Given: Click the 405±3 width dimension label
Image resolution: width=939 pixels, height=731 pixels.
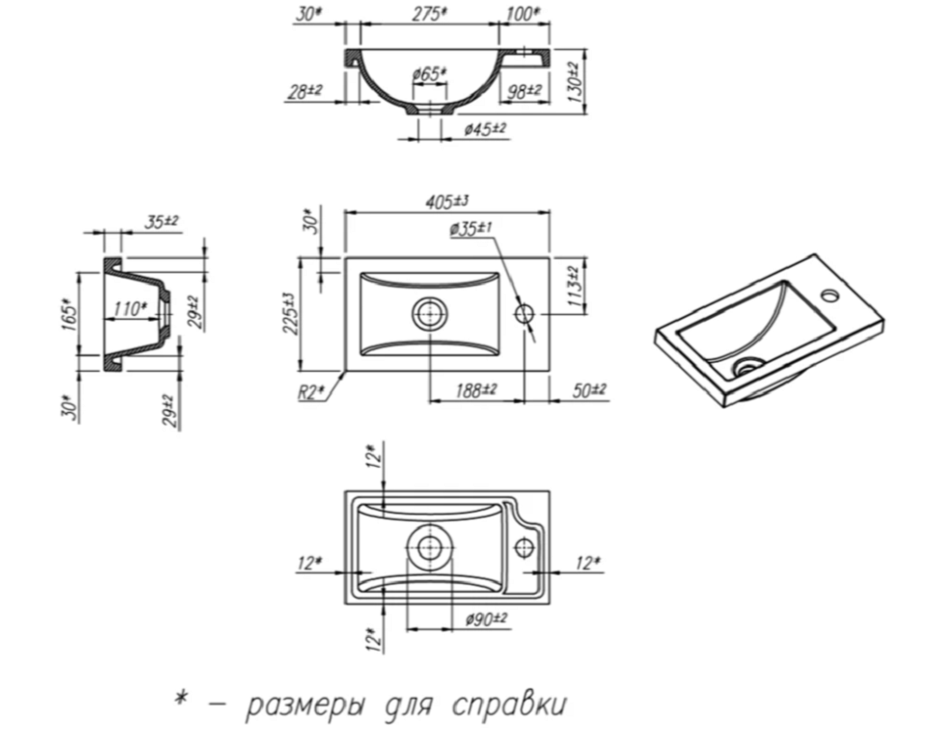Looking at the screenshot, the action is click(x=447, y=202).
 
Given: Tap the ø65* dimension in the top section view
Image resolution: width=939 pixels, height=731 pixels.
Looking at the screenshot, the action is click(x=429, y=74).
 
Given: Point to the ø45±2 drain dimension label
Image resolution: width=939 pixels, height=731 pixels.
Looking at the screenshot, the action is click(x=485, y=128).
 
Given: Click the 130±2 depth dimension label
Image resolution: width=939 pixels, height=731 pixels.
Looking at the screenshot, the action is click(x=575, y=81).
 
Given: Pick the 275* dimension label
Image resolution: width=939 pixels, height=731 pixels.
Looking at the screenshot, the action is click(x=429, y=15).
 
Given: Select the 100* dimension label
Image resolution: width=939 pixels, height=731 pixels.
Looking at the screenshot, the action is click(x=522, y=15).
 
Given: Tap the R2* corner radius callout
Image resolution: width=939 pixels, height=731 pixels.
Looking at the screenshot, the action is click(x=311, y=392).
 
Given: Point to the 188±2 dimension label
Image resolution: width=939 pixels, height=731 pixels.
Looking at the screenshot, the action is click(x=476, y=390).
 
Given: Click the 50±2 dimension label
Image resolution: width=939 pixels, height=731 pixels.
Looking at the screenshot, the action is click(x=589, y=390).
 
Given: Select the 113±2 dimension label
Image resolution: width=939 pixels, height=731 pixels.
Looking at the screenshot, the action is click(x=575, y=287).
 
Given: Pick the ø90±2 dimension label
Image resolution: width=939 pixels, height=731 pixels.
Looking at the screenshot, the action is click(x=485, y=618).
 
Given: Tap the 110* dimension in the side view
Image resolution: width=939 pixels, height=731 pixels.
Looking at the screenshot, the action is click(x=130, y=309).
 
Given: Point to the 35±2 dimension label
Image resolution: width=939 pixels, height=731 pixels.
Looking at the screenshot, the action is click(x=162, y=222).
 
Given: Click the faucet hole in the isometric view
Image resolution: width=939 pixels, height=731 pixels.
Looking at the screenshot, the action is click(x=830, y=295).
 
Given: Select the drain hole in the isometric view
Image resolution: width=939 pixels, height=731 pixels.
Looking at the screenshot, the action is click(x=747, y=365).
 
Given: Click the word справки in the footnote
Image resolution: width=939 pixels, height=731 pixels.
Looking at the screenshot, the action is click(x=509, y=705).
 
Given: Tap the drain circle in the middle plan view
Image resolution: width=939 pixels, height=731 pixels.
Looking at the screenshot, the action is click(x=429, y=313).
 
